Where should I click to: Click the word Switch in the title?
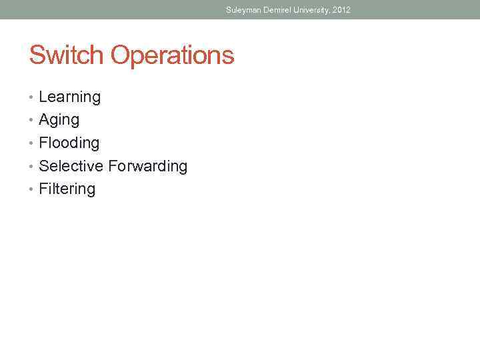(x=67, y=55)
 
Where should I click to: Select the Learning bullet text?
(x=70, y=97)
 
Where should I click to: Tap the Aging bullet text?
(x=59, y=121)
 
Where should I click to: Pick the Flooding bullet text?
(x=69, y=143)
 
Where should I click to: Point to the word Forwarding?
(x=148, y=167)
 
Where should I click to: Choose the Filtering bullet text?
(x=67, y=189)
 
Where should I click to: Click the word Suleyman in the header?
(x=242, y=10)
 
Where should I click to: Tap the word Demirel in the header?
(x=276, y=10)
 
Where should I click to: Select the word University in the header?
(x=312, y=10)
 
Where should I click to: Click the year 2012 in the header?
(x=341, y=10)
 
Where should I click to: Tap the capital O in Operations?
(x=119, y=55)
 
